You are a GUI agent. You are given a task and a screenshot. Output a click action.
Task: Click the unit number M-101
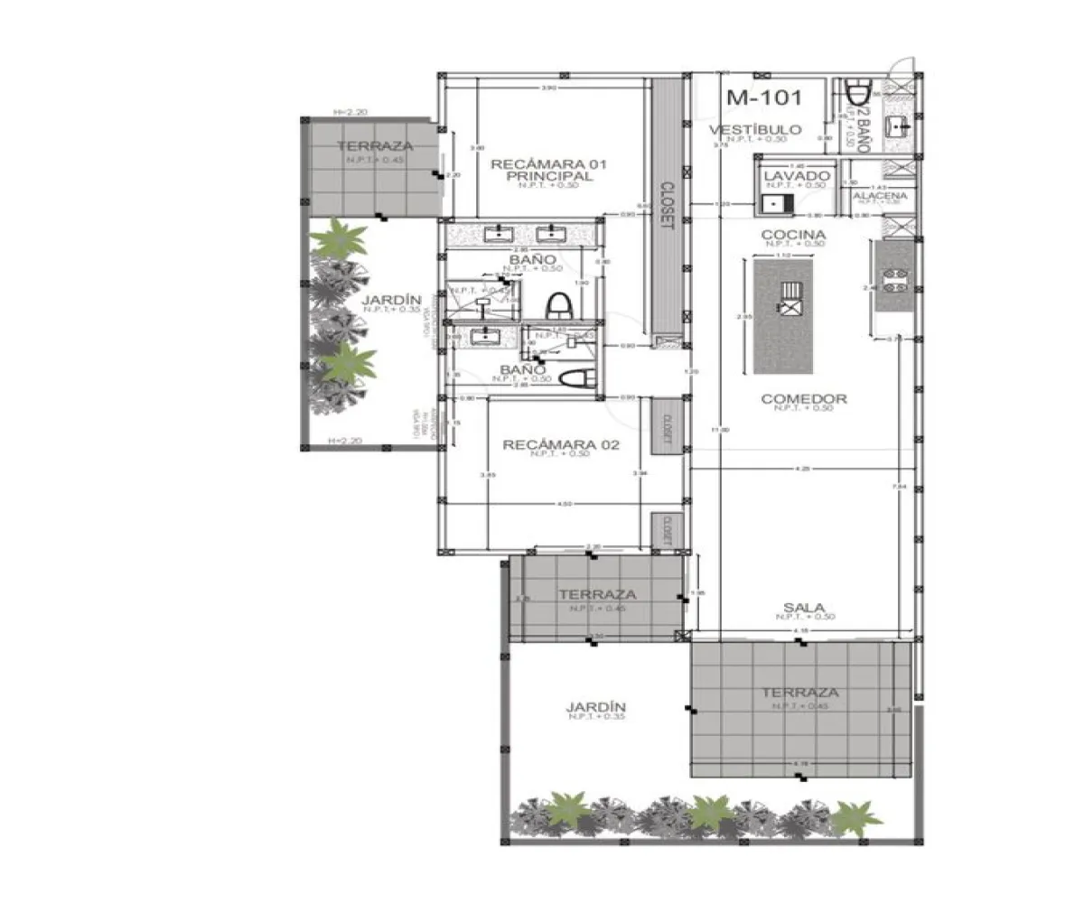[x=763, y=97]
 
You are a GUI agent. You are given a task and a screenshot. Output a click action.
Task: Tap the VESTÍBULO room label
[x=754, y=129]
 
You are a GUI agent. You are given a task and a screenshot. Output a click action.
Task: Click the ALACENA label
[x=879, y=195]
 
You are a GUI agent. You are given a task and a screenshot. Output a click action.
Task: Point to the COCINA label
[x=795, y=234]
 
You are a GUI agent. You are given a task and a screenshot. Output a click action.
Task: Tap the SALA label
[x=805, y=608]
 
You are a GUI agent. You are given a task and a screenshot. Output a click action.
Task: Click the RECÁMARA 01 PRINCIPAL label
[x=548, y=170]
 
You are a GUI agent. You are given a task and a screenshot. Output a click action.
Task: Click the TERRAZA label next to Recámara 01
[x=375, y=146]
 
